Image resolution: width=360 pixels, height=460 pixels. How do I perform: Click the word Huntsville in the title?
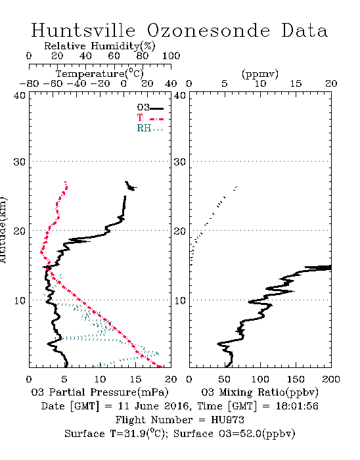coord(83,30)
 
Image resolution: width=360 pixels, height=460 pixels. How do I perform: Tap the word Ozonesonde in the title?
coord(208,30)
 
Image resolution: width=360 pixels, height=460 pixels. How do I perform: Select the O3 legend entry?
coord(150,108)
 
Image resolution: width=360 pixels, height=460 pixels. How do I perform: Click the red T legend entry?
coord(150,118)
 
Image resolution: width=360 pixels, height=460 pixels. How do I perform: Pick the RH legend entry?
coord(150,128)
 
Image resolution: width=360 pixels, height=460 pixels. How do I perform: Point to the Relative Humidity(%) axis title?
coord(100,46)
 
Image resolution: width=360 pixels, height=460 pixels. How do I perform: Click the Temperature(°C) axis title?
coord(99,74)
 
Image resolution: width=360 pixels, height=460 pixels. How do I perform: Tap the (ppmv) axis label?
coord(260,74)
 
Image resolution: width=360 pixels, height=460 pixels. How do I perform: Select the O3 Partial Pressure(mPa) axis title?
coord(100,392)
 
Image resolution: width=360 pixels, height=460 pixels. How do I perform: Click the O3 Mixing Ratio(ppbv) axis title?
coord(259,392)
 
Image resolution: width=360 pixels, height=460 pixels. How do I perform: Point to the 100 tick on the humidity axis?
coord(171,56)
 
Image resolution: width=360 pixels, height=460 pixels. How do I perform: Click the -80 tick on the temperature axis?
coord(29,83)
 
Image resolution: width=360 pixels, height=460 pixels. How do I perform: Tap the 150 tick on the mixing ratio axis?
coord(296,379)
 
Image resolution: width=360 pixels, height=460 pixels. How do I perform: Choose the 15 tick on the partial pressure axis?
coord(135,379)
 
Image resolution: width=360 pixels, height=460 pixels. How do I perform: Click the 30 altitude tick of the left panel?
coord(20,162)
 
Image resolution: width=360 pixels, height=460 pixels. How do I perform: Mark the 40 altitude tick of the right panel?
coord(180,95)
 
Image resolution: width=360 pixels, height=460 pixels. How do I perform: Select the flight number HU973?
coord(227,420)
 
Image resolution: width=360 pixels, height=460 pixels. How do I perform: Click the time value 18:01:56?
coord(297,406)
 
